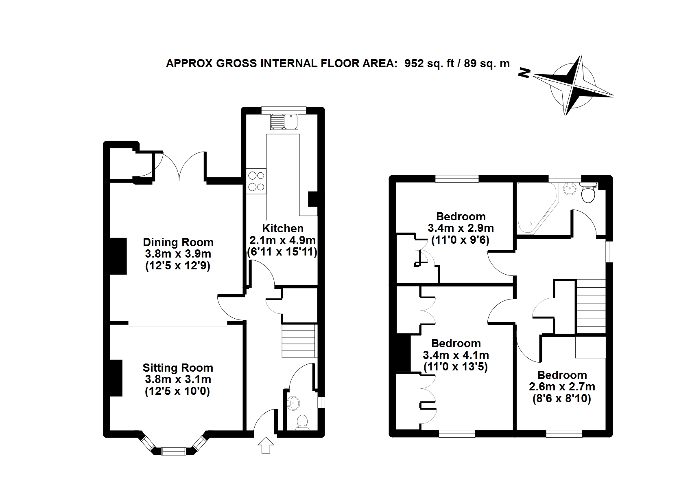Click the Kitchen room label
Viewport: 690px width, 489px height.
pyautogui.click(x=282, y=229)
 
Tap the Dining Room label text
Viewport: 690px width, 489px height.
pyautogui.click(x=178, y=242)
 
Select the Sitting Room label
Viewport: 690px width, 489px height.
pyautogui.click(x=178, y=368)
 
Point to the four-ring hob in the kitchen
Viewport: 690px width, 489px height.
pyautogui.click(x=256, y=181)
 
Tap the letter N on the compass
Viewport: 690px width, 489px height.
pyautogui.click(x=525, y=73)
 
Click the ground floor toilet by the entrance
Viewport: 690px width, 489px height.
pyautogui.click(x=302, y=422)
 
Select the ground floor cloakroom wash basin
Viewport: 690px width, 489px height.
pyautogui.click(x=293, y=403)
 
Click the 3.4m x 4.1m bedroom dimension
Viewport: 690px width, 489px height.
pyautogui.click(x=456, y=355)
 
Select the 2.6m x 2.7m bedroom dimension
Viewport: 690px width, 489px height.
pyautogui.click(x=562, y=386)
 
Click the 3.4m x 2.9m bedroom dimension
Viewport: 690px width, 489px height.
pyautogui.click(x=461, y=228)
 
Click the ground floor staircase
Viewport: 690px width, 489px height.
pyautogui.click(x=299, y=341)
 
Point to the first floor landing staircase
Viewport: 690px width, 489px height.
pyautogui.click(x=591, y=307)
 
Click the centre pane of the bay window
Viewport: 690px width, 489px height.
pyautogui.click(x=174, y=451)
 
